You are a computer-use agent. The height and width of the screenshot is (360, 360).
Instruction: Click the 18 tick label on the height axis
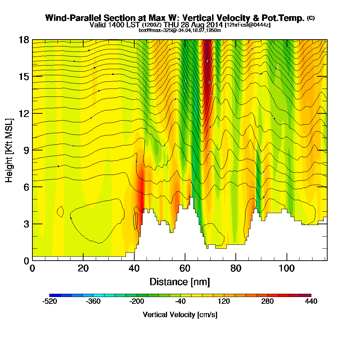[x=23, y=40]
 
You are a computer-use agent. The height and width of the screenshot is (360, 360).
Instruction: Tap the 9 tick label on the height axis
[x=26, y=150]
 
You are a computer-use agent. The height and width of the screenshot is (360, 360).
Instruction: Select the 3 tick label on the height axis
[x=26, y=224]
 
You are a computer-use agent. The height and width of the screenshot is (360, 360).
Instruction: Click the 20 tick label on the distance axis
[x=83, y=268]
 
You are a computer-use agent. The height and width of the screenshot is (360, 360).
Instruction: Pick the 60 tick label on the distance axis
[x=185, y=268]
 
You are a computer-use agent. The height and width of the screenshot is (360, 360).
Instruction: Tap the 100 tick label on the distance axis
[x=287, y=268]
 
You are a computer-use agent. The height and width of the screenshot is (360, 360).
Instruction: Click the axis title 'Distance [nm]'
[x=180, y=281]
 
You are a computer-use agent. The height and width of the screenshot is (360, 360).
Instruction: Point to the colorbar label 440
[x=311, y=301]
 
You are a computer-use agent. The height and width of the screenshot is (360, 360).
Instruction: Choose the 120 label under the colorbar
[x=224, y=301]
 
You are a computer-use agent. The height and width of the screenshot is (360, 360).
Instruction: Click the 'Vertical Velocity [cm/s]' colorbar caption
[x=180, y=315]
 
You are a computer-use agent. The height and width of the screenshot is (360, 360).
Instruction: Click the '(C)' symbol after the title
[x=311, y=18]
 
